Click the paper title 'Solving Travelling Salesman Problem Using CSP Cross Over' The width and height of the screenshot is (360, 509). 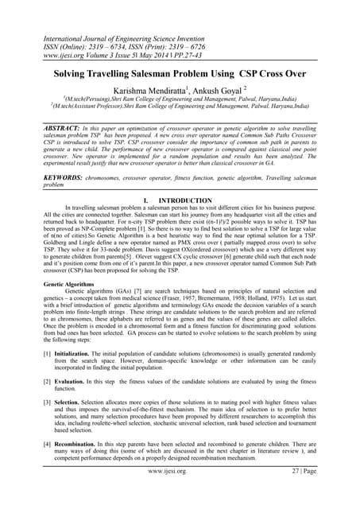(x=180, y=72)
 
